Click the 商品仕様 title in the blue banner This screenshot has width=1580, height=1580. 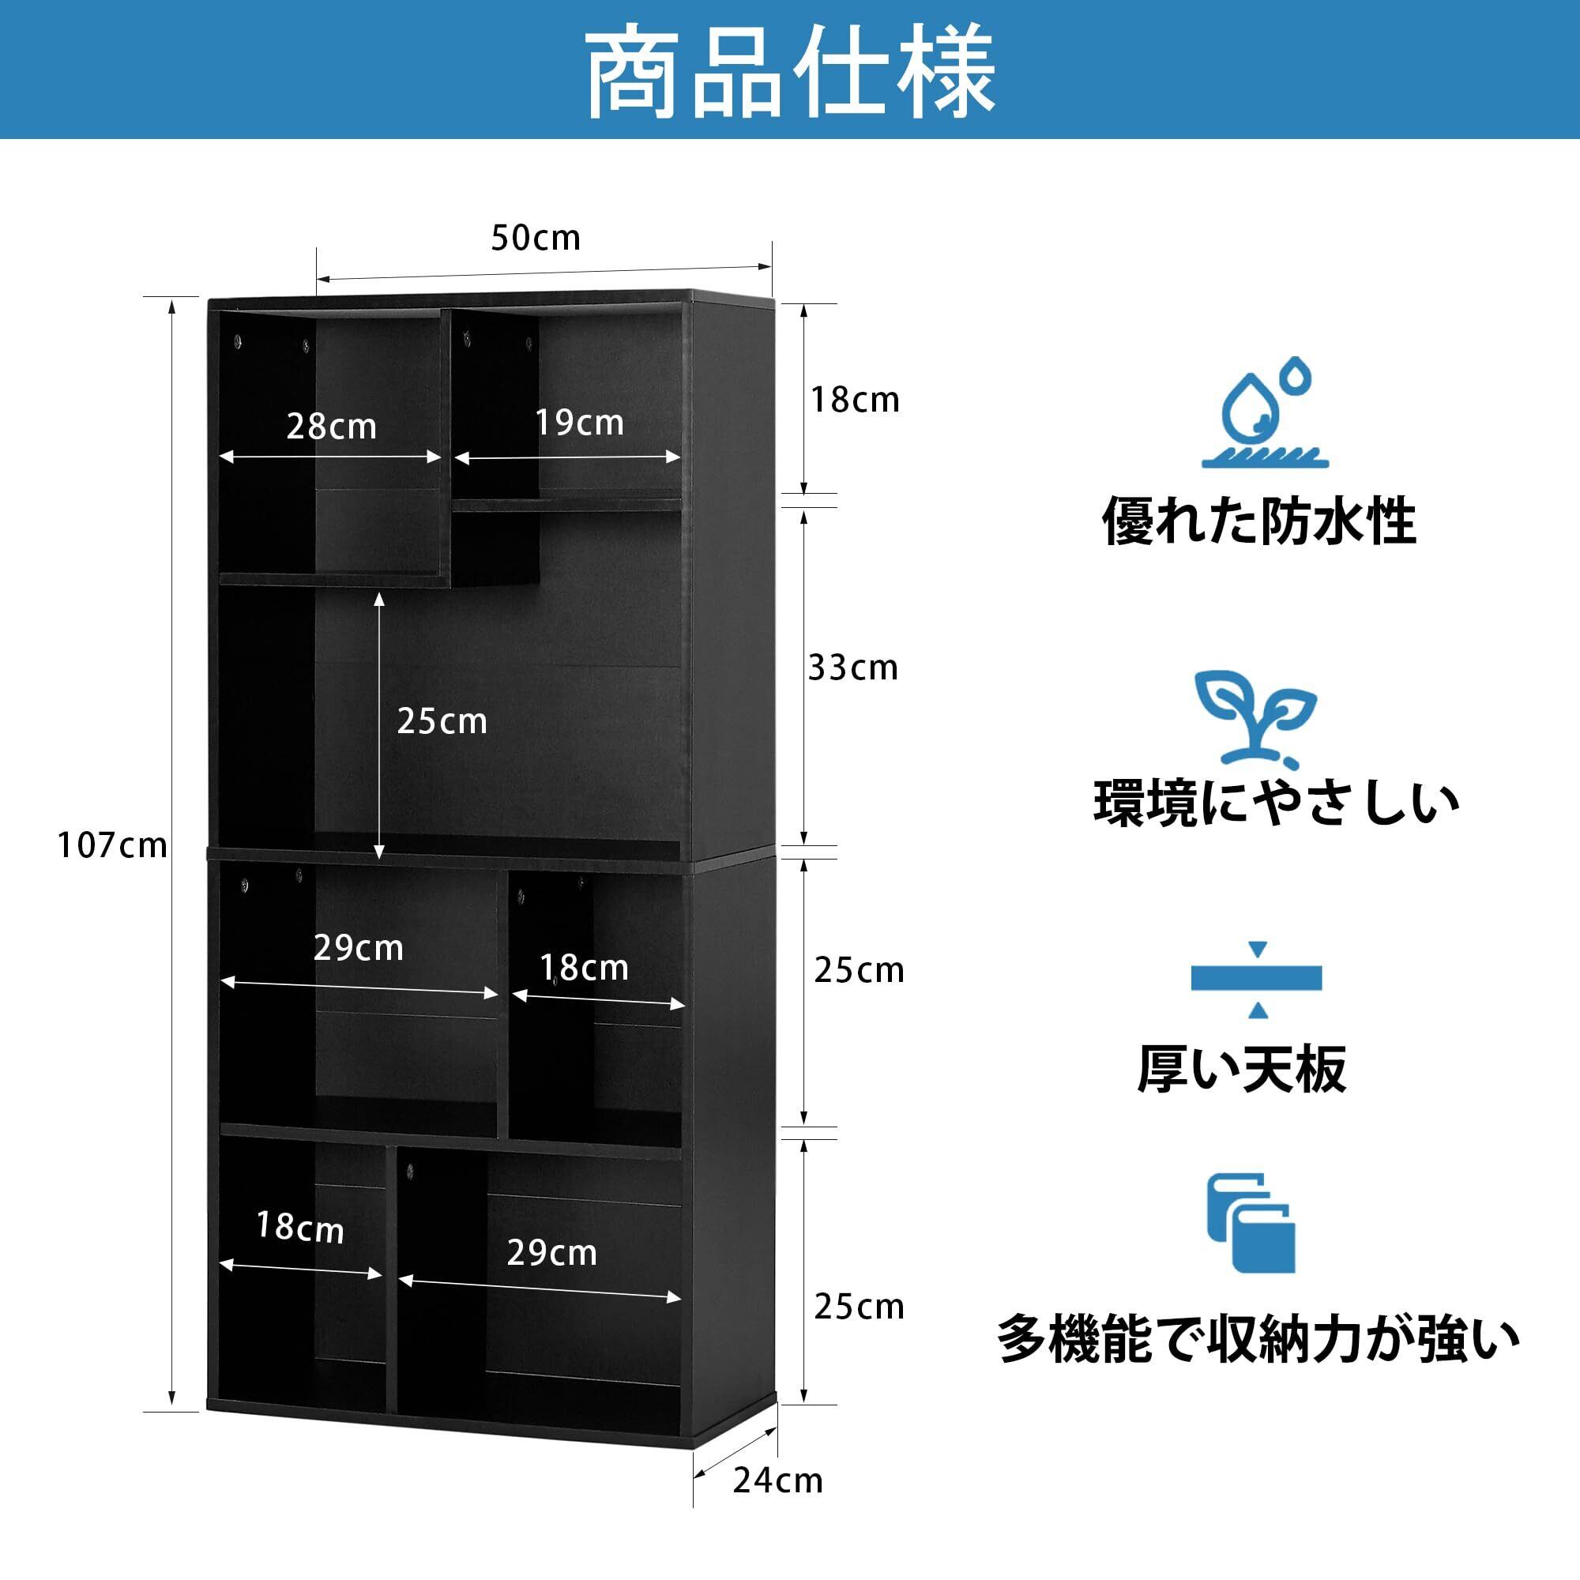point(790,72)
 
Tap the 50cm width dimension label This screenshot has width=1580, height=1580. point(536,238)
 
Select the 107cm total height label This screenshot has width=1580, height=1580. point(112,845)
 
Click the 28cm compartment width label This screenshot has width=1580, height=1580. point(331,427)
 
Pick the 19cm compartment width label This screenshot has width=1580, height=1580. point(579,423)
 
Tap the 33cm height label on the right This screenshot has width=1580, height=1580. point(853,668)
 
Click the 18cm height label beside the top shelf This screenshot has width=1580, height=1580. point(855,400)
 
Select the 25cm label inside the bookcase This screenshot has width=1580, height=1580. point(442,721)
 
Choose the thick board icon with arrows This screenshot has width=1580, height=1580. point(1257,979)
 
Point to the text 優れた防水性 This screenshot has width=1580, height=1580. point(1258,521)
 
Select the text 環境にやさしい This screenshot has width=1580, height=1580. point(1277,804)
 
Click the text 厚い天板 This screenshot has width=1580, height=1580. point(1241,1068)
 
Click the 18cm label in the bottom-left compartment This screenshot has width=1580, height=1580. point(299,1228)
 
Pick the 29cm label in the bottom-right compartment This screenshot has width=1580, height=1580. point(552,1253)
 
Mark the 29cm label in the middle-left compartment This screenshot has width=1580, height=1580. point(358,948)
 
